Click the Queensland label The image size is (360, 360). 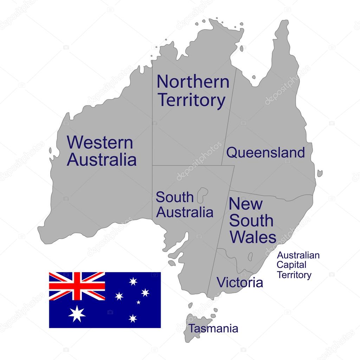tap(265, 153)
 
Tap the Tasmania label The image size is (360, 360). tap(214, 329)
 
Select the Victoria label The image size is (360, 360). tap(239, 282)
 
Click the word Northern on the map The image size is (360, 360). tap(193, 82)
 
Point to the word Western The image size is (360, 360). tap(100, 143)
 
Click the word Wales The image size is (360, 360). tap(253, 237)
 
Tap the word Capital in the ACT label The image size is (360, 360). tap(291, 265)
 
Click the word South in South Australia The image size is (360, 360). tap(175, 197)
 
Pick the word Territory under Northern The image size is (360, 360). tap(191, 100)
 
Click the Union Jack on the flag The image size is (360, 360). tap(77, 286)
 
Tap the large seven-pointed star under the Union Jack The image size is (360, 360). tap(77, 314)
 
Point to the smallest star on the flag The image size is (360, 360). tap(139, 302)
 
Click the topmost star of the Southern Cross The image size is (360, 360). tap(133, 281)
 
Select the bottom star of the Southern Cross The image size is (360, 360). tap(133, 319)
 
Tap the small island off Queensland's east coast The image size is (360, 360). tap(320, 173)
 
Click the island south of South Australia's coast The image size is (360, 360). tap(172, 263)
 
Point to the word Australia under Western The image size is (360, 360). tap(102, 160)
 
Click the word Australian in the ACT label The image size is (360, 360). tap(298, 255)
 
